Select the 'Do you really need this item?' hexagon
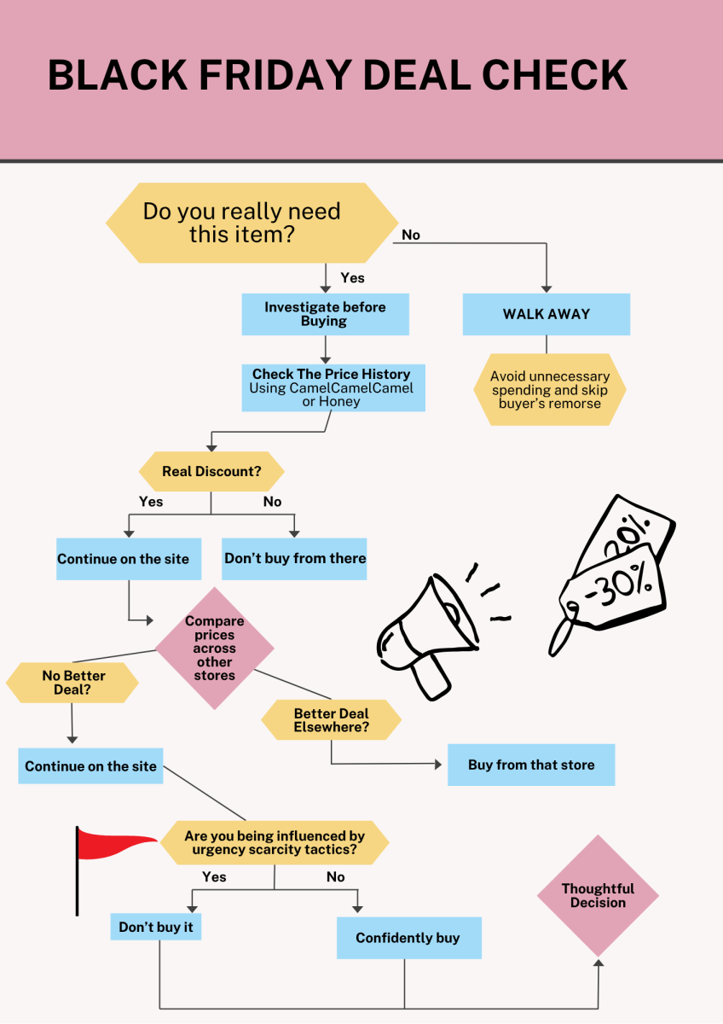(252, 223)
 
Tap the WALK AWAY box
(547, 314)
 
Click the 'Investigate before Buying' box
(325, 314)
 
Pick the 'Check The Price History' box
(333, 387)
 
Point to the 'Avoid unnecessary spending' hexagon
(549, 389)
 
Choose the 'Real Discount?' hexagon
(211, 471)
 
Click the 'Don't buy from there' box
(294, 559)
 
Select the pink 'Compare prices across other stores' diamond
(215, 649)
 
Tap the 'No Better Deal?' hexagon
(72, 683)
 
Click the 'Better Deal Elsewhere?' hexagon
(331, 720)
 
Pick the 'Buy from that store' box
(531, 765)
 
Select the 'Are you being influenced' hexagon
(275, 842)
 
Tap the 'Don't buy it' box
(156, 927)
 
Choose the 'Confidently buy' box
(409, 938)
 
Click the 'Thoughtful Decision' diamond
(598, 895)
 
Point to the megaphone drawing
(430, 636)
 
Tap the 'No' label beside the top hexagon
(411, 235)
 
